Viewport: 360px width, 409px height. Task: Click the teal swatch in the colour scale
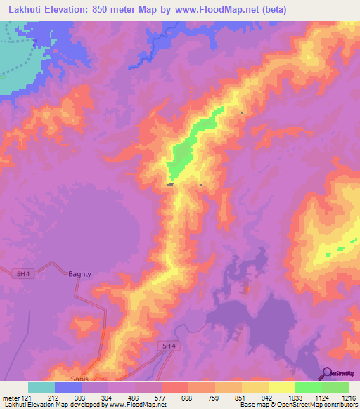(x=41, y=387)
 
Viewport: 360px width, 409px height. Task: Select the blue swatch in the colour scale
(x=68, y=387)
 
